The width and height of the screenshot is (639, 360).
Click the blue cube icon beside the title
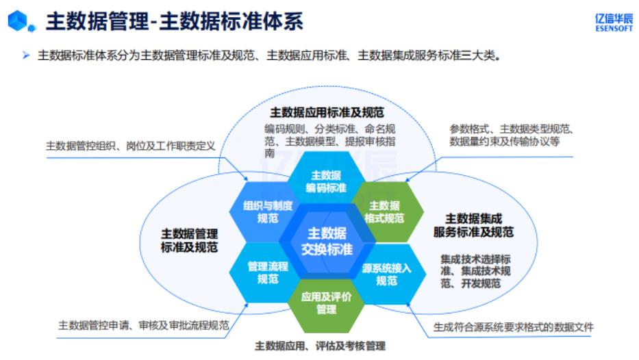tap(19, 22)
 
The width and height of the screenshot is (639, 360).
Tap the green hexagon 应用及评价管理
tap(326, 302)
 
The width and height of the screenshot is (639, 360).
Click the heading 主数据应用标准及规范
tap(327, 112)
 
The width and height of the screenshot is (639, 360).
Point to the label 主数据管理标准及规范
tap(190, 240)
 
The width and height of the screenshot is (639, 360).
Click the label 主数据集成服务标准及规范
tap(473, 226)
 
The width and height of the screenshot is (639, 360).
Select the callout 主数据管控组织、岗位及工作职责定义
tap(130, 146)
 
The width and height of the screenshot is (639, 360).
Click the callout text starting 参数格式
tap(511, 135)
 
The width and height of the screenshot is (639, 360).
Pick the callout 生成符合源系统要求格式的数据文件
tap(513, 327)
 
